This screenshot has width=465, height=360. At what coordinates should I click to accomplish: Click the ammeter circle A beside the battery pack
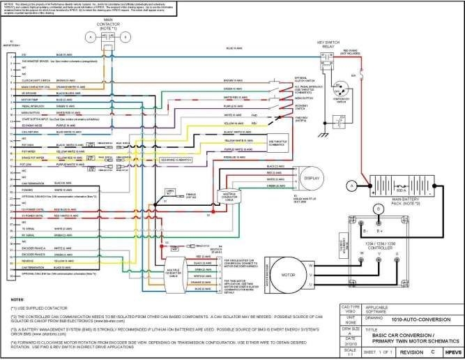(352, 185)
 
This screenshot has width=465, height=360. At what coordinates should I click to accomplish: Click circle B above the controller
(379, 208)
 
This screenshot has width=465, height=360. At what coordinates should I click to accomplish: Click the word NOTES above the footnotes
(17, 297)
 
